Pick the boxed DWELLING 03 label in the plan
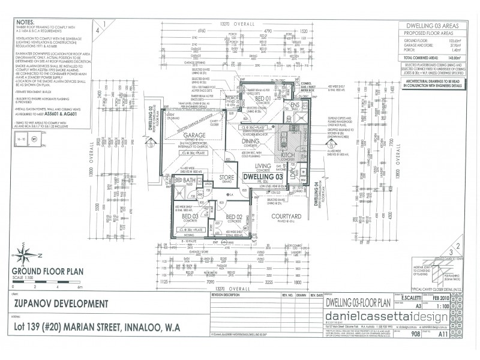click(262, 177)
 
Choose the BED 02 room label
click(233, 217)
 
